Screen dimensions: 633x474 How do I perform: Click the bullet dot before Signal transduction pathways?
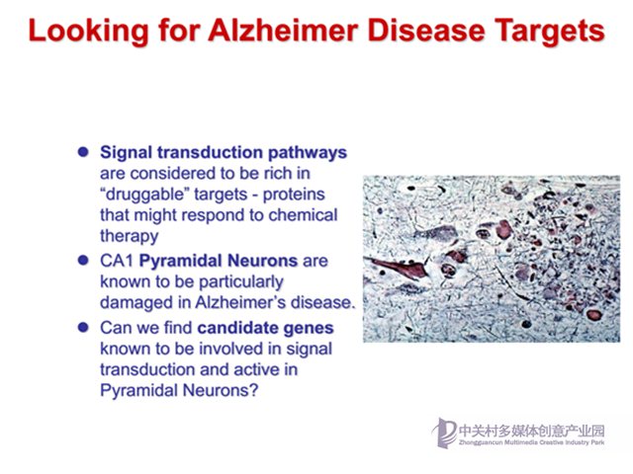[x=83, y=152]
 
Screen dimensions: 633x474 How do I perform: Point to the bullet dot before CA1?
[x=83, y=261]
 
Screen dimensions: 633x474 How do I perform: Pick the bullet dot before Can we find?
[x=83, y=327]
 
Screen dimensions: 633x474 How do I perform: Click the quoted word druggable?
[x=145, y=195]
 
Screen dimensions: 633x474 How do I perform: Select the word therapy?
[x=130, y=237]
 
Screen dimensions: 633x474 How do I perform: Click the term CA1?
[x=117, y=261]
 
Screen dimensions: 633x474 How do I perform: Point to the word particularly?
[x=241, y=282]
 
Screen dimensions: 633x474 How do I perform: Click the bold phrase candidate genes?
[x=265, y=329]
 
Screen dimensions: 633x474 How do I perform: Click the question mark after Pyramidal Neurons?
[x=253, y=390]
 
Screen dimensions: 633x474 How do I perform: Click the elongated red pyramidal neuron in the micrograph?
[x=399, y=268]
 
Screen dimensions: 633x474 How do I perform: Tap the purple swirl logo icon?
[x=444, y=433]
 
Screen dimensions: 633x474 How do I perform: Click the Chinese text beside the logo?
[x=532, y=431]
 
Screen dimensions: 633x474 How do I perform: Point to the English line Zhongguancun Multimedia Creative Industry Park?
[x=532, y=442]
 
